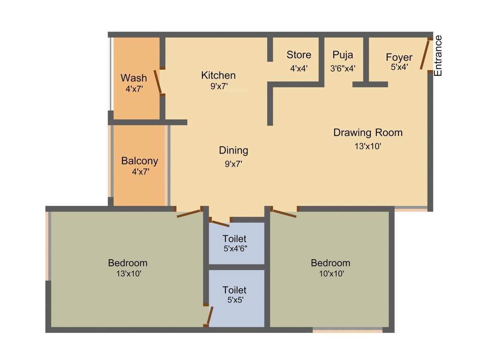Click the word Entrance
point(438,56)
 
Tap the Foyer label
point(399,57)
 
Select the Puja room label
point(342,55)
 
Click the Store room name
point(299,55)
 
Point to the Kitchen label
point(218,75)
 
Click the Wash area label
point(134,78)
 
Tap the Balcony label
point(140,161)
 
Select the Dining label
point(233,150)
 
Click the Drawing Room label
point(367,133)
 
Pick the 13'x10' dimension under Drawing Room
point(367,146)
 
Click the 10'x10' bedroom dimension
point(330,274)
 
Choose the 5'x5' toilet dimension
point(234,300)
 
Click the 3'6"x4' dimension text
point(342,68)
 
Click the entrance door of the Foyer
point(425,55)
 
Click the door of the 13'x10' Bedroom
point(188,213)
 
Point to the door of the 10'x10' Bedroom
point(285,214)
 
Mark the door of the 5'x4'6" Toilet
point(219,223)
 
